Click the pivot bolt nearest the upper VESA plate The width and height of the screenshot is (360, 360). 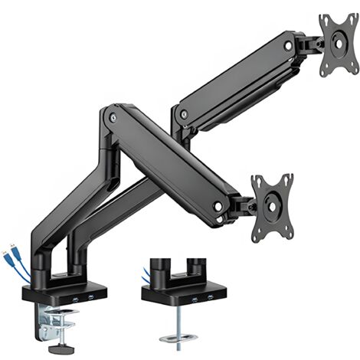[288, 46]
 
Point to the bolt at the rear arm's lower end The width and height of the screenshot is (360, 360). [183, 114]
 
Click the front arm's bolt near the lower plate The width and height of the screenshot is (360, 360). [218, 206]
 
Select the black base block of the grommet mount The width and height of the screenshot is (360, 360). [184, 293]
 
